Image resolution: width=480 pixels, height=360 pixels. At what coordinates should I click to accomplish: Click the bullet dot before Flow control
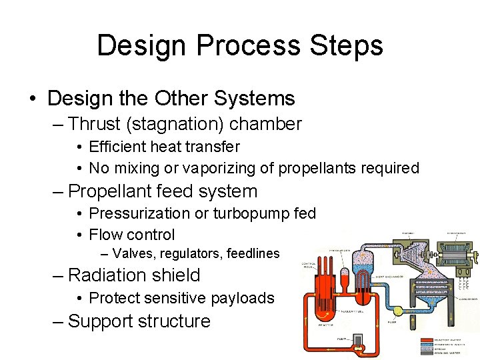click(x=79, y=235)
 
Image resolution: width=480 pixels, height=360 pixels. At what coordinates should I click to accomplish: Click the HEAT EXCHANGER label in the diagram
click(x=389, y=276)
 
